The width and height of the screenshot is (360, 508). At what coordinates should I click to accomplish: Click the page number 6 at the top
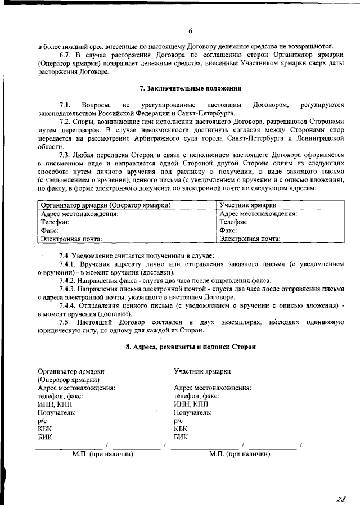click(190, 30)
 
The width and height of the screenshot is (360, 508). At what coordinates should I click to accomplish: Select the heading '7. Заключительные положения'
click(190, 88)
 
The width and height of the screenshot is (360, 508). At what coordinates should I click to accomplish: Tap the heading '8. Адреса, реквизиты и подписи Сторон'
click(190, 347)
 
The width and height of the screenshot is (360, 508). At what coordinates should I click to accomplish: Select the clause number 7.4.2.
click(69, 281)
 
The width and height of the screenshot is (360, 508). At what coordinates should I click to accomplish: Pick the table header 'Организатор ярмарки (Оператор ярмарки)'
click(106, 205)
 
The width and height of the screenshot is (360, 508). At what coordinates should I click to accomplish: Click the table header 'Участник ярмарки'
click(248, 205)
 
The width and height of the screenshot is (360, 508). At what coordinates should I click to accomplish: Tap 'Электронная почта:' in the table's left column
click(71, 239)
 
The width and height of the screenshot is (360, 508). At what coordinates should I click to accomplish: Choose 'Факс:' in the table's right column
click(229, 230)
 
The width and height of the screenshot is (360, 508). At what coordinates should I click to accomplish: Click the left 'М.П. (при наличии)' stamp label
click(103, 453)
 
